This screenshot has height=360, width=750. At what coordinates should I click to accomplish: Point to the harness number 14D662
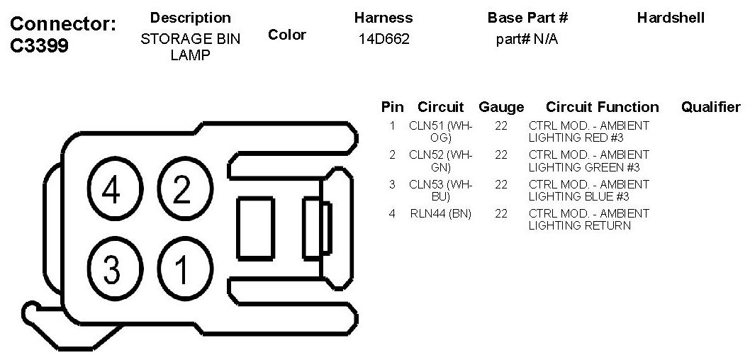(x=384, y=40)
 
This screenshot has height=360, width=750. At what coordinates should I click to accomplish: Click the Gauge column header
(x=501, y=108)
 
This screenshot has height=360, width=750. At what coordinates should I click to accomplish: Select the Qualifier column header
(x=710, y=107)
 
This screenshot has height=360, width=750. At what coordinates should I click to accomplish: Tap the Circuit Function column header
(x=602, y=108)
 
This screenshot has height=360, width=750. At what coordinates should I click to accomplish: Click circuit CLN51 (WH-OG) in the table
(x=440, y=132)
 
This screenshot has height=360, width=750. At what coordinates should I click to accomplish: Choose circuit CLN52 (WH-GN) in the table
(x=440, y=161)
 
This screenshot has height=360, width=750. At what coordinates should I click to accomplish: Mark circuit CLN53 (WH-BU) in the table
(x=440, y=191)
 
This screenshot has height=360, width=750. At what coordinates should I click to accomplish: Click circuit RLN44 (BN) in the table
(x=440, y=213)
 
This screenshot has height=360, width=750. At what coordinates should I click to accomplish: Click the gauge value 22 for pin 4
(x=501, y=213)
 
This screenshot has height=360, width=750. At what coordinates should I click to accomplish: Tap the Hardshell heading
(x=671, y=18)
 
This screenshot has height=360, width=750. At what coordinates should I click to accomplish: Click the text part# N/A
(x=527, y=40)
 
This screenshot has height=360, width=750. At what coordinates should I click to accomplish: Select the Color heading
(x=287, y=35)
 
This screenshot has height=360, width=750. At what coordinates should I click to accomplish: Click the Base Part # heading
(x=527, y=18)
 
